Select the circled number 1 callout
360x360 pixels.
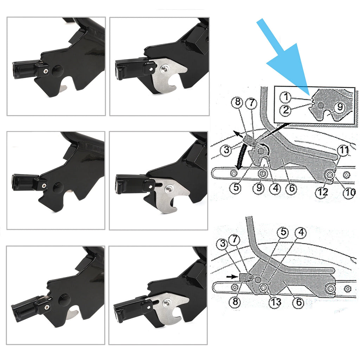(286, 97)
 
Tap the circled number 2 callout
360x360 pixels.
(286, 110)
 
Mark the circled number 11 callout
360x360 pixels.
(344, 150)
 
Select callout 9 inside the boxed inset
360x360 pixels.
(340, 107)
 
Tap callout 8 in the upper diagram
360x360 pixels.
(238, 102)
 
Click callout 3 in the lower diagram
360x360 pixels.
(223, 243)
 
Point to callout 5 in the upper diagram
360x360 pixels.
(236, 188)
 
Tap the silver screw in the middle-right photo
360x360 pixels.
(168, 189)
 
